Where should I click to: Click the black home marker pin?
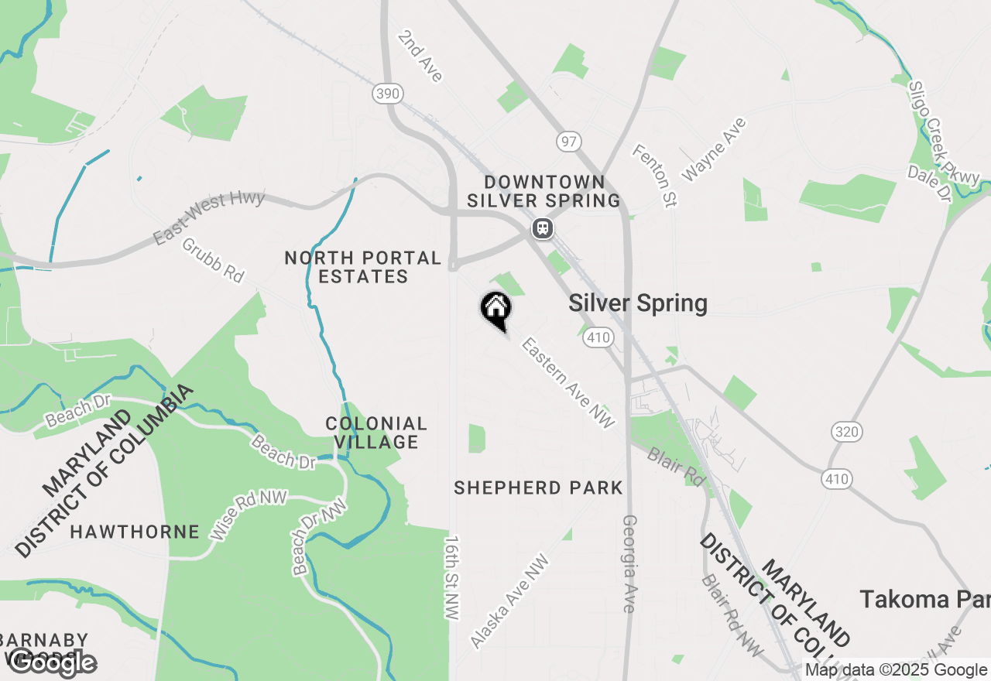click(x=495, y=309)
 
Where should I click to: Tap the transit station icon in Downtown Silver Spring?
click(x=543, y=228)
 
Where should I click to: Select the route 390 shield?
click(x=387, y=94)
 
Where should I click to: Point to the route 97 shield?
click(x=568, y=142)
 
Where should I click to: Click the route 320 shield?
click(x=847, y=431)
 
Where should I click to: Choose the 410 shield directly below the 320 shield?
click(x=837, y=479)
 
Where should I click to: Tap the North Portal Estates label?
click(x=362, y=267)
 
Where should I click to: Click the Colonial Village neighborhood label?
click(x=376, y=433)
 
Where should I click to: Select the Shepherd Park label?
click(x=538, y=488)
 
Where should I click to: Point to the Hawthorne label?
click(x=135, y=532)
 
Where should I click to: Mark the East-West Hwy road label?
click(x=208, y=217)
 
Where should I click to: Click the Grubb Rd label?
click(x=213, y=259)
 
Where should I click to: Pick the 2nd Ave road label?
click(x=421, y=56)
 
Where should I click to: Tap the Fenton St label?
click(x=655, y=175)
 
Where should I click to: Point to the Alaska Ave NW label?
click(x=509, y=601)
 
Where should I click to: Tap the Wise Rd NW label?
click(x=249, y=515)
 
